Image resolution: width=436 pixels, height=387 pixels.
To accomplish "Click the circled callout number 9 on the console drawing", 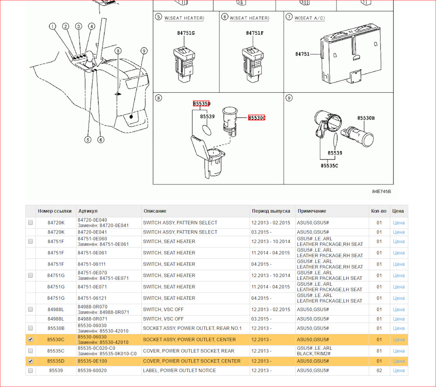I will [x=144, y=51].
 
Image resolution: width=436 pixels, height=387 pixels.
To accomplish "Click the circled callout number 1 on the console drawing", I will [x=53, y=26].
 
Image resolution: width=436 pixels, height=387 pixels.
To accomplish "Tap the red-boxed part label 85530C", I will [x=257, y=118].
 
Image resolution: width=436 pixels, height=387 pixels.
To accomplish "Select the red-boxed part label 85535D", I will [x=201, y=104].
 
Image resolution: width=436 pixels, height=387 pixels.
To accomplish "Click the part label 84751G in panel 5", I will [x=186, y=33].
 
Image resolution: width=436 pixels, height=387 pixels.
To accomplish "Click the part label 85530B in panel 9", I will [x=366, y=118].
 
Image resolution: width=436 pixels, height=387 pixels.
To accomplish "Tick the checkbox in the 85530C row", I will [x=30, y=339].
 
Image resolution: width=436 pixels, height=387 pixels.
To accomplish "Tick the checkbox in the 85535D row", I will [x=30, y=361].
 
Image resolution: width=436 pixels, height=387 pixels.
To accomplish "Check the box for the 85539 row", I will [x=30, y=371].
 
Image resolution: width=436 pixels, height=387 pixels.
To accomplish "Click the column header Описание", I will [x=155, y=211].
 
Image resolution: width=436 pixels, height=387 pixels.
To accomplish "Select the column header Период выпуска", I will [x=271, y=211].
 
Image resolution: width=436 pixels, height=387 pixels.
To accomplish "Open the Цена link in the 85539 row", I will [x=398, y=371].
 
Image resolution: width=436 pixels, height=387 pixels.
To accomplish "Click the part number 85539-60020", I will [x=92, y=371].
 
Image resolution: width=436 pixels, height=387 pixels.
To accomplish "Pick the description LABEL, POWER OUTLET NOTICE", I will [x=179, y=371].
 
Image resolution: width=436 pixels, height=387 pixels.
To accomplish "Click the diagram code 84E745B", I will [x=381, y=192].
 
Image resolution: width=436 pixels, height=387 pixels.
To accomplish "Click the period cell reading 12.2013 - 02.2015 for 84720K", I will [x=271, y=223].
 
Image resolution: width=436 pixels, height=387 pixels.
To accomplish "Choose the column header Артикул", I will [x=88, y=211].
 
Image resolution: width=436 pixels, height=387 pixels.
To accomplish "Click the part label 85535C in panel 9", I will [x=329, y=166].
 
